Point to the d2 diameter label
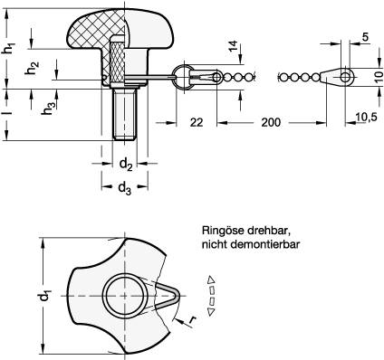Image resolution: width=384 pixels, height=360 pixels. coord(126,165)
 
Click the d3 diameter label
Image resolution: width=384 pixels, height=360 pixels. coord(125,188)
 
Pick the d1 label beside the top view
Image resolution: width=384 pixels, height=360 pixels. coord(44,296)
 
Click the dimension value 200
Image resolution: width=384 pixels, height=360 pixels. coord(271,122)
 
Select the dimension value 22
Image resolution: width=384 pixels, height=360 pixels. coord(197,122)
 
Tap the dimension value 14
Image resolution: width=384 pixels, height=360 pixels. coord(234,46)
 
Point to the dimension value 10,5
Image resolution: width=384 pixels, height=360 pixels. coord(366,118)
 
